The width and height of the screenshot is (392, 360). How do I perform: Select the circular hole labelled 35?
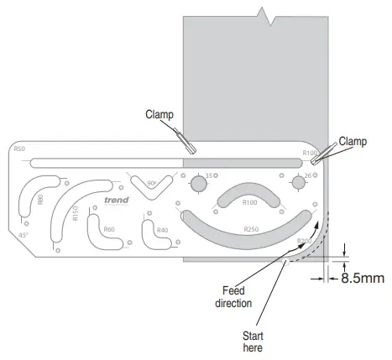199,184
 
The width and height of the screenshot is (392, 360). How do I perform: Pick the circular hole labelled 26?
298,183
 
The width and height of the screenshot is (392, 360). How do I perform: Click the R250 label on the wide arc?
249,228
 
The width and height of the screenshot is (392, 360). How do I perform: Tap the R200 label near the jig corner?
303,242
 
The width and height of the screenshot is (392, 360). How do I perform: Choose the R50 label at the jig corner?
20,149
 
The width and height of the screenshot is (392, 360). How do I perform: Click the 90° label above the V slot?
152,181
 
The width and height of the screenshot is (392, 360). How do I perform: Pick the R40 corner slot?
159,236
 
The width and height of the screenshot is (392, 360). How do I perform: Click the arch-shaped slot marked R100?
248,196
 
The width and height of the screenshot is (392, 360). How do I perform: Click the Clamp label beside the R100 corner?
353,141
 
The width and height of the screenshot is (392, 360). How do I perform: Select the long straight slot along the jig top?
168,161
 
